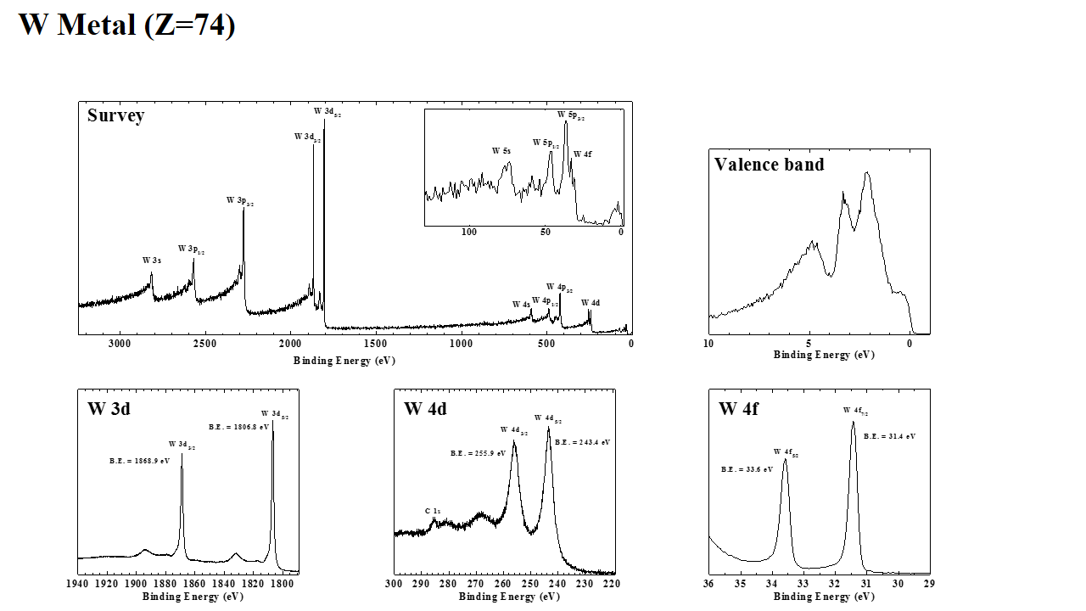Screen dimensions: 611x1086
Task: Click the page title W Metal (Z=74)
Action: (126, 25)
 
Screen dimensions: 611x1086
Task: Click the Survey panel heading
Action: (115, 115)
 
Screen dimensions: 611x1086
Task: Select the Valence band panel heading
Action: (769, 165)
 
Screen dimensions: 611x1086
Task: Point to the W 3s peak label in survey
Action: (152, 261)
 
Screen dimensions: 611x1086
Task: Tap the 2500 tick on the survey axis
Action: (205, 344)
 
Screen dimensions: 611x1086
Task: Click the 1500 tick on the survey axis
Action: (375, 344)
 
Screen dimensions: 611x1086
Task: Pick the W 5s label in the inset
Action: (501, 151)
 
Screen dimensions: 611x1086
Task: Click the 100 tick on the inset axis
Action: (468, 233)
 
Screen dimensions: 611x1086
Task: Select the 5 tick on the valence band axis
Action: (809, 344)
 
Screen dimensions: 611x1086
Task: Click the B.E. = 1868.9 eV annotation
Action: (139, 461)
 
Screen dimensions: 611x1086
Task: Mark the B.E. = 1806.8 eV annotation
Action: (238, 427)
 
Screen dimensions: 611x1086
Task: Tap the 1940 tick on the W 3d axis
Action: (77, 584)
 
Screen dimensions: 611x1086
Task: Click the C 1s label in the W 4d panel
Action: (433, 511)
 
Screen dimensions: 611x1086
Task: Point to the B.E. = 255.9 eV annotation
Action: (478, 453)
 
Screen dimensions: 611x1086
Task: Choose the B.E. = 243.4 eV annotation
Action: (582, 442)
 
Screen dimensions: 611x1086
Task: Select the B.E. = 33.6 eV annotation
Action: (747, 469)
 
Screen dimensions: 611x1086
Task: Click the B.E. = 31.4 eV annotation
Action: (889, 436)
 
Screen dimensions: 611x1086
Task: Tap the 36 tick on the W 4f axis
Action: (708, 584)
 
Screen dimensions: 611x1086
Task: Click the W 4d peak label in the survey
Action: (591, 303)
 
